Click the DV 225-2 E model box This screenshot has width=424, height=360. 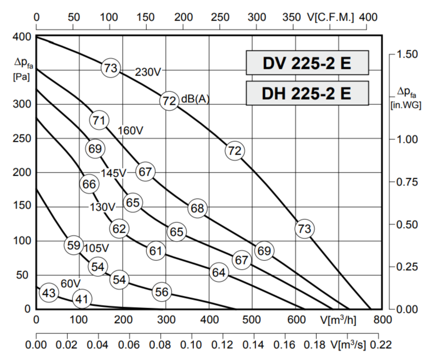(x=307, y=63)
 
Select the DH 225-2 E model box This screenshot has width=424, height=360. (x=307, y=93)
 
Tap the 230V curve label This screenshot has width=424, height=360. (x=148, y=72)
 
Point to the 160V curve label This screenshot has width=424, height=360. (x=130, y=131)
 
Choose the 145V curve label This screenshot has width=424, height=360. (x=113, y=174)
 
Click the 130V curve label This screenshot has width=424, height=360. (x=103, y=207)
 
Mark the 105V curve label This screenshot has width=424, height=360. (x=97, y=247)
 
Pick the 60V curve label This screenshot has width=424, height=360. (x=70, y=283)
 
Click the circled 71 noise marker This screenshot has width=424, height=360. (x=100, y=121)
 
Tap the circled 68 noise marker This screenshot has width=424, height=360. (x=197, y=209)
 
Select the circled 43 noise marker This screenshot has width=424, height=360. (x=48, y=293)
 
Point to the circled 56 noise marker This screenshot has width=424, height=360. (x=162, y=292)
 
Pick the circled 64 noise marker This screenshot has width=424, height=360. (x=219, y=273)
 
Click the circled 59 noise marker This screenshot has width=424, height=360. (x=74, y=245)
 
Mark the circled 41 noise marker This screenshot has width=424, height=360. (x=82, y=299)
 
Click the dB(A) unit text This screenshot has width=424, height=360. (x=196, y=100)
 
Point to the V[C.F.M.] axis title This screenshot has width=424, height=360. (x=331, y=17)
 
